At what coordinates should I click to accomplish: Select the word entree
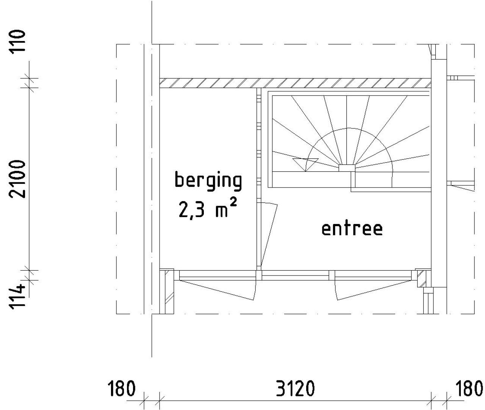[x=352, y=229]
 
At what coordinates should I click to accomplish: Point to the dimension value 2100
[x=17, y=179]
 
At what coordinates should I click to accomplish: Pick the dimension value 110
[x=17, y=41]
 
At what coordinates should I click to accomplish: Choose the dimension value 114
[x=17, y=297]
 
